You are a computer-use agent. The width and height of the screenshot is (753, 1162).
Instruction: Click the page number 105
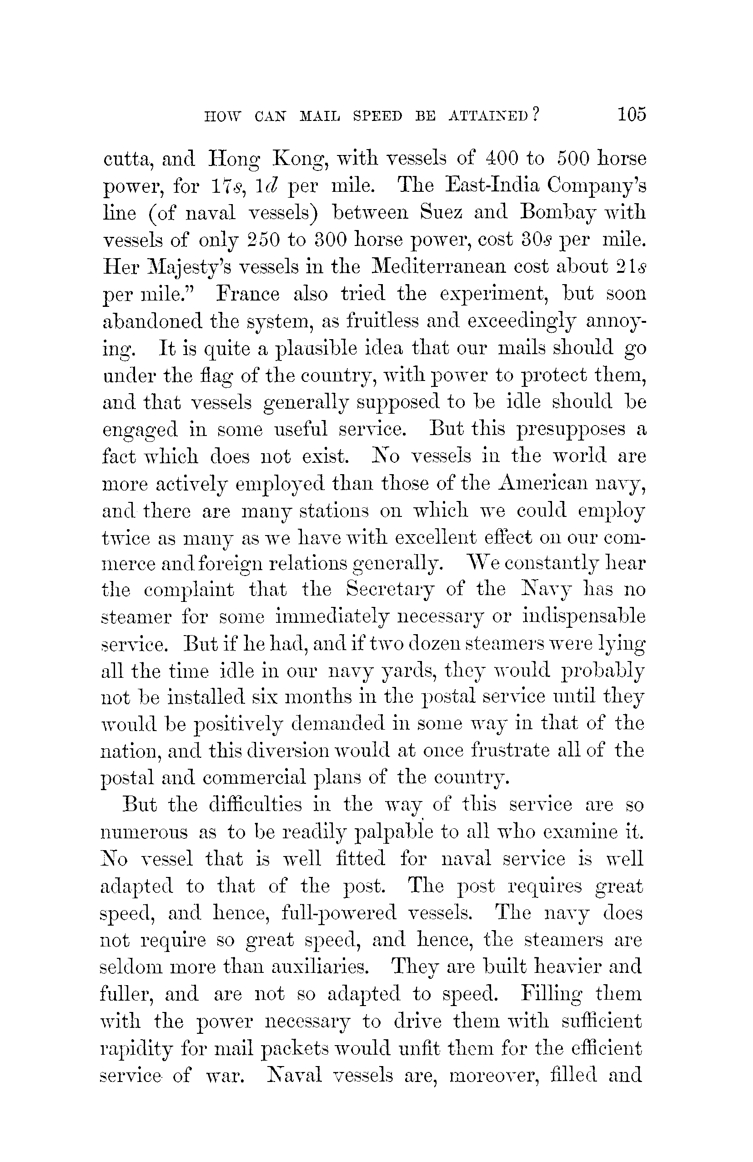[x=632, y=114]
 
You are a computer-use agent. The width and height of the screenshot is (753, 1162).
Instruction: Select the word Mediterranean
[x=437, y=266]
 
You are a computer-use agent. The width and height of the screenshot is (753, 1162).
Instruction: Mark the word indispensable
[x=583, y=617]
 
